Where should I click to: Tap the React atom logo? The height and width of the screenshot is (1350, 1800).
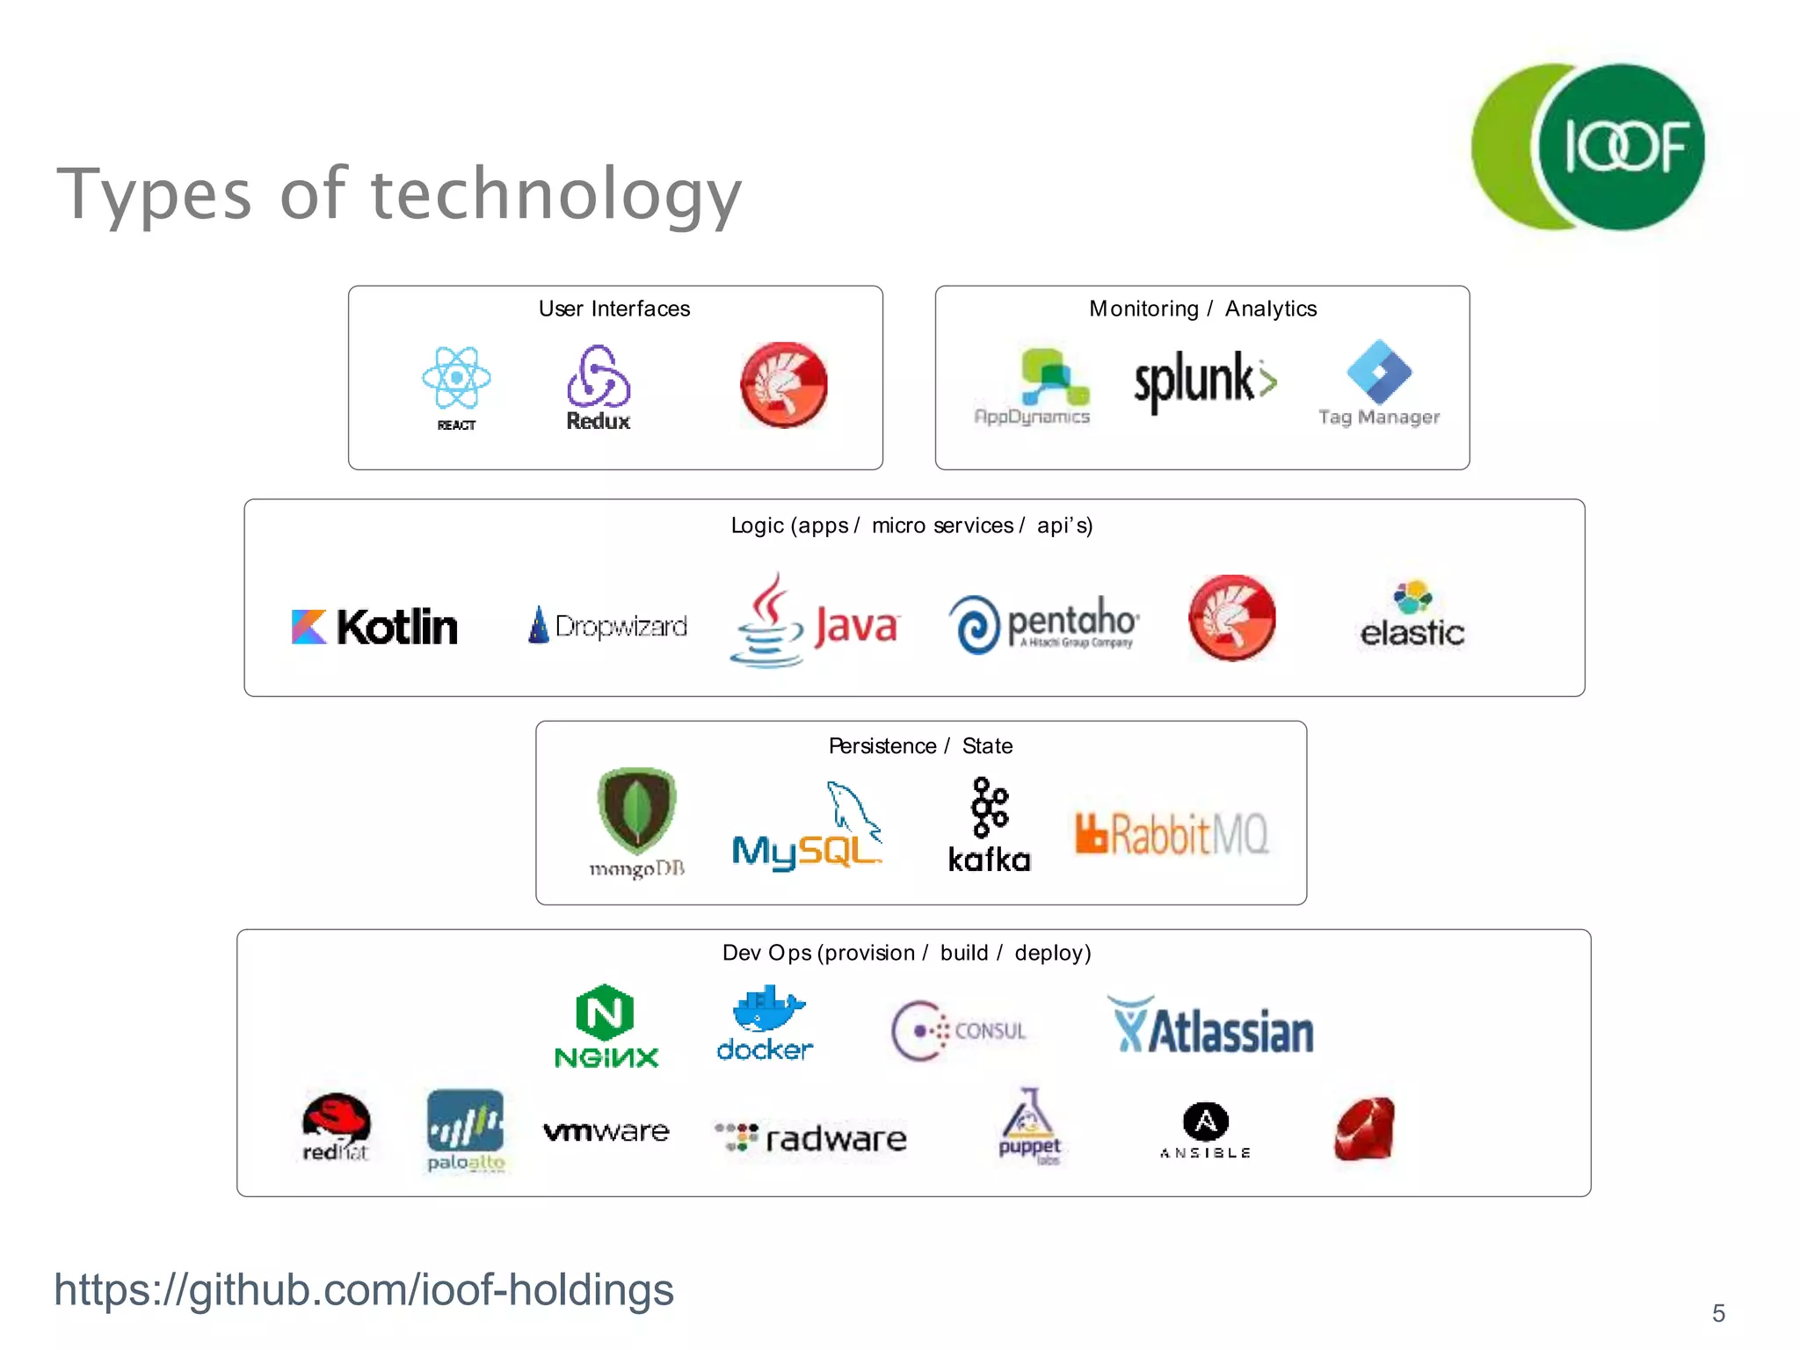click(456, 378)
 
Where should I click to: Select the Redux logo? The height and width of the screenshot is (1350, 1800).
click(599, 387)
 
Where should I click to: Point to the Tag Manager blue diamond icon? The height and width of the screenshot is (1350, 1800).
click(1379, 372)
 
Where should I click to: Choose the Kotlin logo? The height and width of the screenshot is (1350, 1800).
click(375, 627)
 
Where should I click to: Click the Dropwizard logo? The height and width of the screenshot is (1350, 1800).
click(607, 626)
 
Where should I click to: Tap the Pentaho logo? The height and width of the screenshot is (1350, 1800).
click(1043, 624)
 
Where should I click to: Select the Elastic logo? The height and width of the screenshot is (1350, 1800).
click(1412, 615)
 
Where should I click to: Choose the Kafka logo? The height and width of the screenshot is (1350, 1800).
click(990, 825)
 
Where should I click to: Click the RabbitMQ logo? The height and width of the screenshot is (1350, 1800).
click(1172, 833)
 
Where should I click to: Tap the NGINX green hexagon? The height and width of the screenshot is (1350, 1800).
click(606, 1012)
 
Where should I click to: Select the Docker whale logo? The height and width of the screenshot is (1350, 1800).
click(766, 1024)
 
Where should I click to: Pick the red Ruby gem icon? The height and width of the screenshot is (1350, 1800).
click(1364, 1129)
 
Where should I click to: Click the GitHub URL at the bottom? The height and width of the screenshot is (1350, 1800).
click(364, 1290)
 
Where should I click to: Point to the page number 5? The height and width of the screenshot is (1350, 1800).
click(1718, 1313)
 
